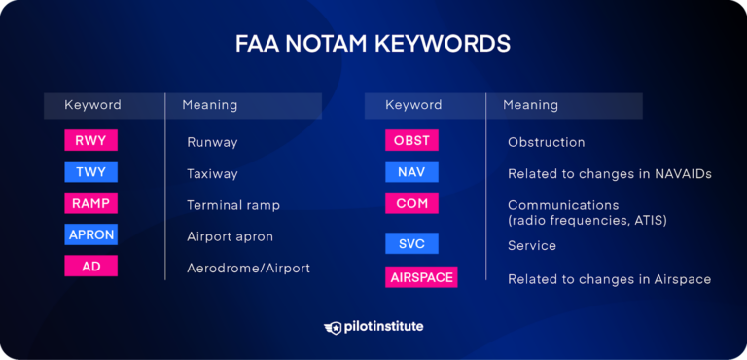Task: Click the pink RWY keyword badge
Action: [x=90, y=141]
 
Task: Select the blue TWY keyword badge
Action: [x=90, y=172]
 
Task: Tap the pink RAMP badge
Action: [x=90, y=203]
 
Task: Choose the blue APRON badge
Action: [x=90, y=234]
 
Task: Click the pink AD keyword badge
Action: [x=90, y=266]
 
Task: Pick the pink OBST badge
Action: [x=411, y=141]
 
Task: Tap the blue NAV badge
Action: [x=411, y=172]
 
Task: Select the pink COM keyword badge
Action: [x=411, y=203]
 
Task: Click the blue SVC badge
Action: [x=411, y=243]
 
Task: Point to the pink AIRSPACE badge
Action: [x=421, y=277]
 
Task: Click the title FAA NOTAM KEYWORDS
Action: [x=373, y=45]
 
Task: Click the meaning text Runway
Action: [x=212, y=142]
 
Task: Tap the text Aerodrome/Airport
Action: [x=248, y=268]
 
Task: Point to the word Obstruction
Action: [x=546, y=142]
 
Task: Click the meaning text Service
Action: [x=531, y=246]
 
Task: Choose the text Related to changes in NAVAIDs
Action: [x=610, y=173]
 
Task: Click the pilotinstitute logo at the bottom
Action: [x=373, y=327]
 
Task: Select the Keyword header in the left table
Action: [x=92, y=105]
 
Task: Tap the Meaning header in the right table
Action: [x=530, y=105]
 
